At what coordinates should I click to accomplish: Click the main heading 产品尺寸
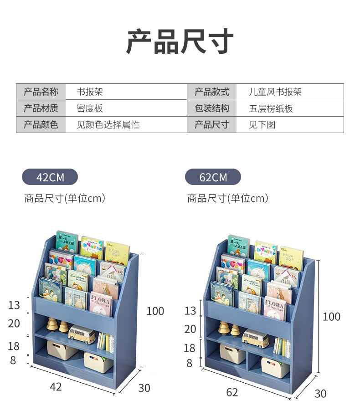point(180,42)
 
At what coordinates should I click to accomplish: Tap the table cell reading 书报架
point(90,92)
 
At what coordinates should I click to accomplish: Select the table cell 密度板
point(90,108)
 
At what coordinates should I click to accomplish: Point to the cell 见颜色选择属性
point(108,124)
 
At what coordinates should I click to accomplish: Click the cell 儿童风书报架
point(275,92)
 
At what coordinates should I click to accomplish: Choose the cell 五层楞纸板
point(271,108)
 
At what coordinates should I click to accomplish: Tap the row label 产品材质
point(41,108)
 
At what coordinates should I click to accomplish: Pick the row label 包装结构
point(211,108)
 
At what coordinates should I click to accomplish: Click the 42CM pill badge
point(50,177)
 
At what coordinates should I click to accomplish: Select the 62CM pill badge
point(213,177)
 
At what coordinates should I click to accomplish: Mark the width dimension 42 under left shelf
point(55,387)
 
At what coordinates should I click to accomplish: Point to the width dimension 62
point(232,392)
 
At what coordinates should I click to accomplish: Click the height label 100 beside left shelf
point(155,311)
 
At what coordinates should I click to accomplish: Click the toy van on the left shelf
point(82,334)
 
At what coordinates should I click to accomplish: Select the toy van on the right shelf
point(255,338)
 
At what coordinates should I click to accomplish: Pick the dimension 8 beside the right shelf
point(189,364)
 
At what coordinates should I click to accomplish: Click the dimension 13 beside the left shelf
point(14,305)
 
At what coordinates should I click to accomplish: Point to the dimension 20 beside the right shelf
point(190,329)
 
